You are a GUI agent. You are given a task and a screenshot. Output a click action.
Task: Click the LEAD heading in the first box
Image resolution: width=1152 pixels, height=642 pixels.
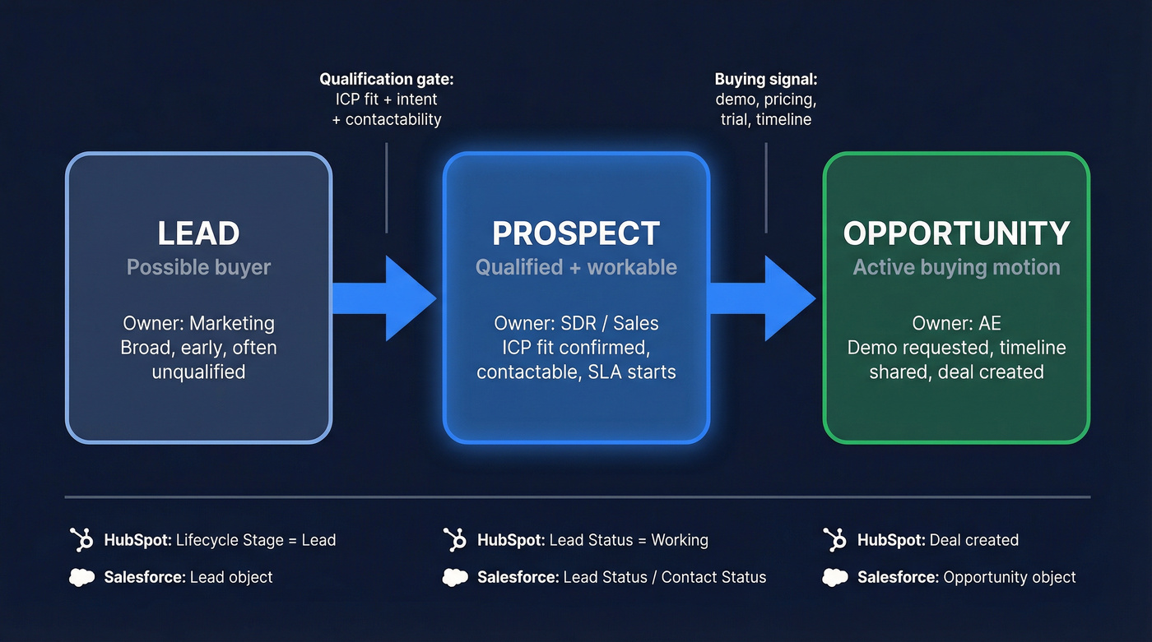point(198,233)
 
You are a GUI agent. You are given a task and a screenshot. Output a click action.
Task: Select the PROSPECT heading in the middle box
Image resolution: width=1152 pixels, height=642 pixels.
point(576,233)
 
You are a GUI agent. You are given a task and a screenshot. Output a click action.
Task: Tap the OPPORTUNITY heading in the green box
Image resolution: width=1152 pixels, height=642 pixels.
point(956,233)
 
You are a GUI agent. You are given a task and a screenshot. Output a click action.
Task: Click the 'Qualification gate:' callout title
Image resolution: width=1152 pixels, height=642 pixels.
point(387,80)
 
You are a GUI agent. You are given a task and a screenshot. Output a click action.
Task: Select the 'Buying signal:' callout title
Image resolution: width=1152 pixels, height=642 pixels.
point(765,80)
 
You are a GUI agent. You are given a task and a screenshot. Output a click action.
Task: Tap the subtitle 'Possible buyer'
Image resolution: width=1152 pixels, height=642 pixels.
point(198,267)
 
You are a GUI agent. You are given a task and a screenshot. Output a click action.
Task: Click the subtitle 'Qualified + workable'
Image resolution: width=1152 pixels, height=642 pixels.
point(576,267)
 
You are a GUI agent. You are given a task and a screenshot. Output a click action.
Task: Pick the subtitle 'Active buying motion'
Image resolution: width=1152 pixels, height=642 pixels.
point(956,267)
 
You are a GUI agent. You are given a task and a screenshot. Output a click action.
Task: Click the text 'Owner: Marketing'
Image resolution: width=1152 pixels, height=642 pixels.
point(198,323)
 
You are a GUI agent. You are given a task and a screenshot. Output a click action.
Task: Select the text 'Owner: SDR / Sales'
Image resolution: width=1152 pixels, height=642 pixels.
point(576,323)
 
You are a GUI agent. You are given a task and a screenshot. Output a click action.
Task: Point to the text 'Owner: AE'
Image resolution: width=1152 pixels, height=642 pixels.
point(956,323)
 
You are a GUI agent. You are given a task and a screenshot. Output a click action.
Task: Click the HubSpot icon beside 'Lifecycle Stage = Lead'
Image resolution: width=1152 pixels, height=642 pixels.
point(81,540)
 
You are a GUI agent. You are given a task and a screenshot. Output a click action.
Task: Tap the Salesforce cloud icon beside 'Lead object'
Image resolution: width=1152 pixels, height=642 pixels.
point(81,578)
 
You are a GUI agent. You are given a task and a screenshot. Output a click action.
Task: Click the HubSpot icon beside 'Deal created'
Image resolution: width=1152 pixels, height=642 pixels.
point(835,540)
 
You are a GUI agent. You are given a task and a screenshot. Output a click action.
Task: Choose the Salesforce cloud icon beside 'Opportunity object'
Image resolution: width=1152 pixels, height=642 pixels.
point(835,578)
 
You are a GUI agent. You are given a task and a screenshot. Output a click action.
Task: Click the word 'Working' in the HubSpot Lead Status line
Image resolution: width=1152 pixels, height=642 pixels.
point(679,540)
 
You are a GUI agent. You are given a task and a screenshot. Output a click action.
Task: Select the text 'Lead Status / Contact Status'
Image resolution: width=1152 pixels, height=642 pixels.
point(664,578)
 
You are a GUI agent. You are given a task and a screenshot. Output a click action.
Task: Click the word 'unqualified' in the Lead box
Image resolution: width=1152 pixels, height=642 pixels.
point(198,372)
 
